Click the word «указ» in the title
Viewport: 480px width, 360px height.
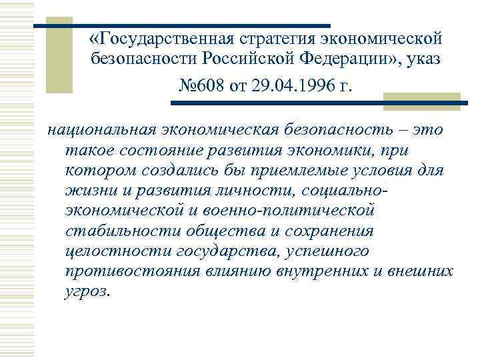click(x=421, y=62)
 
